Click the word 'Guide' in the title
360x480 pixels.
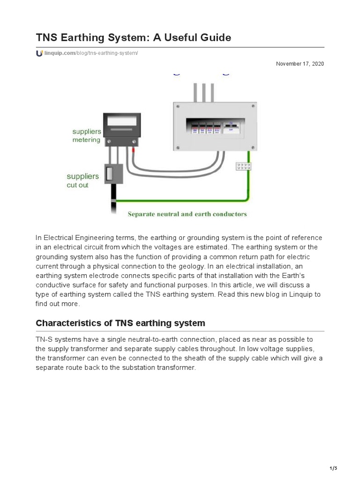(215, 37)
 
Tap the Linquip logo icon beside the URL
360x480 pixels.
(39, 53)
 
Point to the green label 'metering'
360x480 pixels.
(86, 140)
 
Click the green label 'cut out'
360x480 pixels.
(77, 185)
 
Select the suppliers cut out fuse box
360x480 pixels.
(113, 174)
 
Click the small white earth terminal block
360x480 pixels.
(243, 166)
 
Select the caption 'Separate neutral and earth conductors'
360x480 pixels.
(187, 214)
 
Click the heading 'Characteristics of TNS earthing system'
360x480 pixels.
(120, 323)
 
